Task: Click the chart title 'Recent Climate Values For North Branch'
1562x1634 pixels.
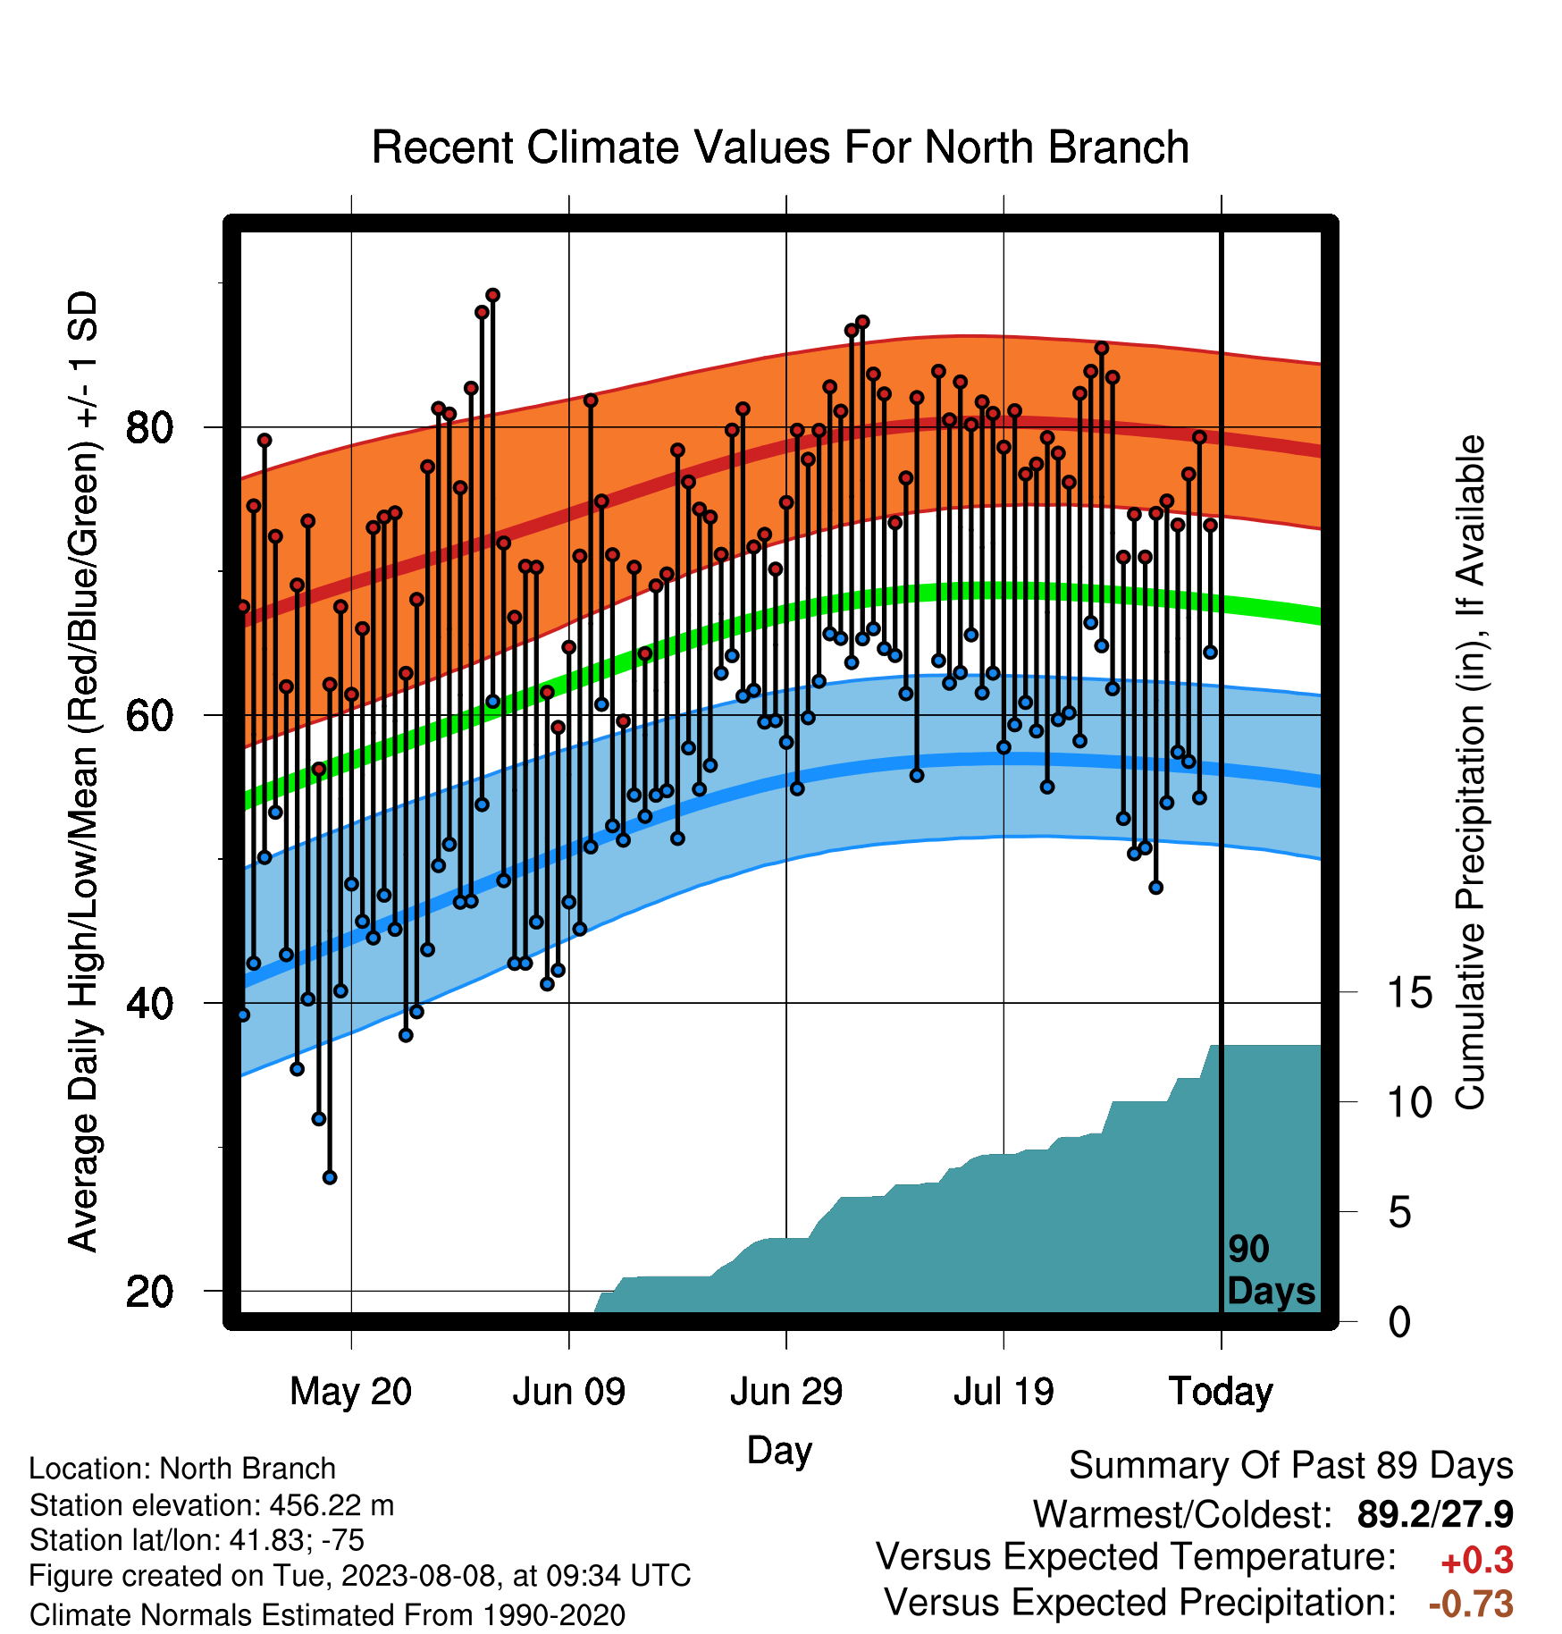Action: coord(780,147)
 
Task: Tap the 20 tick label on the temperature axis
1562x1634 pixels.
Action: coord(149,1292)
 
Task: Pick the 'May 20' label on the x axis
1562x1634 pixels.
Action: coord(351,1392)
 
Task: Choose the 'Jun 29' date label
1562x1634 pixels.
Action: coord(786,1392)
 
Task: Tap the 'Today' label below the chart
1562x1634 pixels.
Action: coord(1222,1392)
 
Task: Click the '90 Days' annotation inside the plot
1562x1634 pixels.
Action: coord(1271,1270)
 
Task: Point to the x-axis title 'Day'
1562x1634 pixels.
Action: coord(779,1450)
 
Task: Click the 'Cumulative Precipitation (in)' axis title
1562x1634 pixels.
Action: coord(1470,772)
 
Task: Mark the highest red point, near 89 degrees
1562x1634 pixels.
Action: coord(492,295)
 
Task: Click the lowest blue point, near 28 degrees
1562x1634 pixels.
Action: coord(330,1177)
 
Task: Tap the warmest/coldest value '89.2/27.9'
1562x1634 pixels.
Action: coord(1435,1514)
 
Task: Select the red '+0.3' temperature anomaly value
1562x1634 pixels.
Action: coord(1477,1561)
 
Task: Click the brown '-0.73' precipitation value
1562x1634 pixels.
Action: coord(1471,1604)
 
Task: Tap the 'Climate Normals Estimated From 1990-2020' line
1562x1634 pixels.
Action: coord(327,1615)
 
